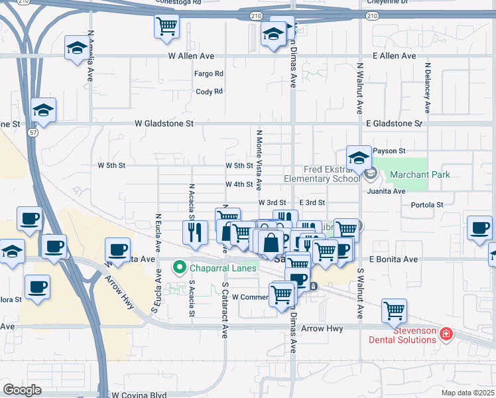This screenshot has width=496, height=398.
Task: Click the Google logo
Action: pyautogui.click(x=22, y=390)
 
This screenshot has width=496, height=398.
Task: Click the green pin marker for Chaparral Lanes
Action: pyautogui.click(x=178, y=268)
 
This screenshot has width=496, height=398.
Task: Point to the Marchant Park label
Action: pyautogui.click(x=420, y=175)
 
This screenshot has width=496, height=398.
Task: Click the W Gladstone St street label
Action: pyautogui.click(x=164, y=123)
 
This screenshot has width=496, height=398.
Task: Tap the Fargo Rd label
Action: pyautogui.click(x=209, y=74)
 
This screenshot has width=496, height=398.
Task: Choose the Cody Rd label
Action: pyautogui.click(x=210, y=92)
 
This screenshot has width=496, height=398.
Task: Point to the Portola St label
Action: pyautogui.click(x=427, y=205)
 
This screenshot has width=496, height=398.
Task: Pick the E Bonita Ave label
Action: pyautogui.click(x=394, y=259)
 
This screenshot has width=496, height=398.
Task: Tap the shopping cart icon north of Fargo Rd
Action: pyautogui.click(x=166, y=26)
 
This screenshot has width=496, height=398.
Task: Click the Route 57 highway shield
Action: pyautogui.click(x=32, y=133)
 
